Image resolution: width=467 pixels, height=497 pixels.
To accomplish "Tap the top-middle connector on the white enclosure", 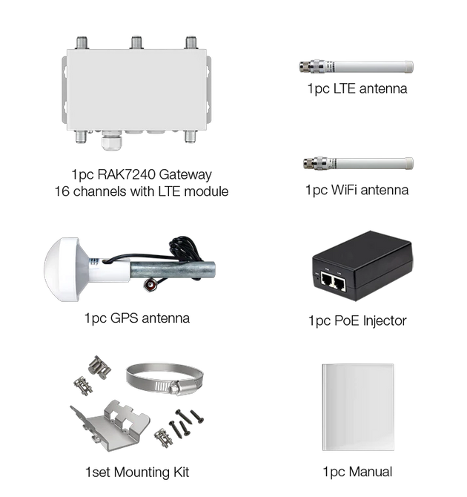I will pyautogui.click(x=136, y=42).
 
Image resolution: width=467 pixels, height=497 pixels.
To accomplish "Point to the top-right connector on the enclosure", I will pyautogui.click(x=191, y=42).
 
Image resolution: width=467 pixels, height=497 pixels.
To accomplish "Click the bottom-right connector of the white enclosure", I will pyautogui.click(x=191, y=138).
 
